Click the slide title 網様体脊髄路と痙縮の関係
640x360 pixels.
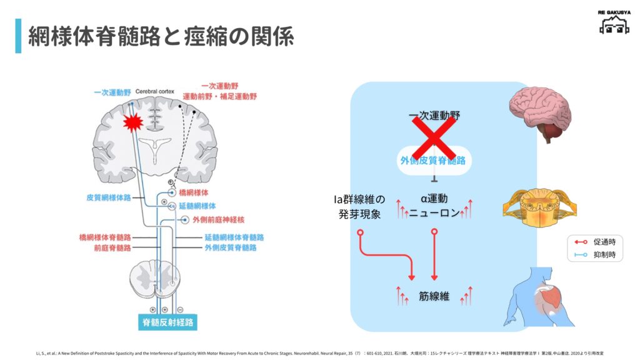[x=161, y=36]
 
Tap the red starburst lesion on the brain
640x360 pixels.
[x=133, y=122]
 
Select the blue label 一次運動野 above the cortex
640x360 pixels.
[x=112, y=92]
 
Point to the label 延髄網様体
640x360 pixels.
[x=197, y=205]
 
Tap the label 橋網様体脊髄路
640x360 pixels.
[x=105, y=237]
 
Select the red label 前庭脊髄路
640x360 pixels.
[x=112, y=247]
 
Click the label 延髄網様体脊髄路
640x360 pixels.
[x=234, y=237]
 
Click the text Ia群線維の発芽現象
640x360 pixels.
[x=359, y=206]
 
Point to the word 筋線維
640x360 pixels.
[x=434, y=296]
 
